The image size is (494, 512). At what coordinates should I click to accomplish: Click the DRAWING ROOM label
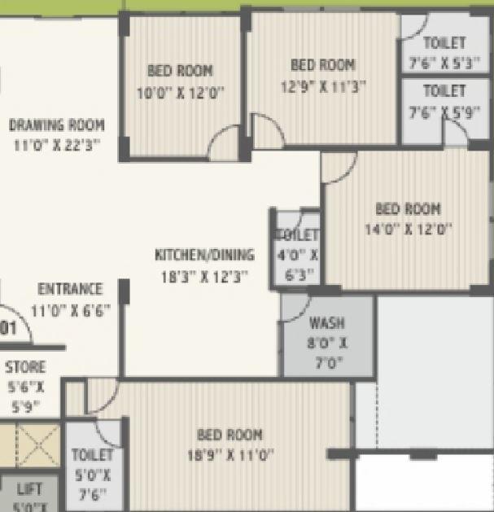pos(57,125)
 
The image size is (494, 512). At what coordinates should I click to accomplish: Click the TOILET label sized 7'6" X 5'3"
pos(444,42)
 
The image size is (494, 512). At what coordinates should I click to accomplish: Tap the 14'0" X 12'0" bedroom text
pos(408,229)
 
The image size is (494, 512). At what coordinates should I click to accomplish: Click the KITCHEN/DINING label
pos(204,255)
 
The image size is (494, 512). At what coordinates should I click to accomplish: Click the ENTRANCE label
pos(71,289)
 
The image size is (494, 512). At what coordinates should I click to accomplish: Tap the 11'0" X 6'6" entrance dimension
pos(70,309)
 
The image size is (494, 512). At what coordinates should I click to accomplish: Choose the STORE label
pos(25,367)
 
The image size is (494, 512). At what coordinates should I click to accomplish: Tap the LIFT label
pos(29,490)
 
